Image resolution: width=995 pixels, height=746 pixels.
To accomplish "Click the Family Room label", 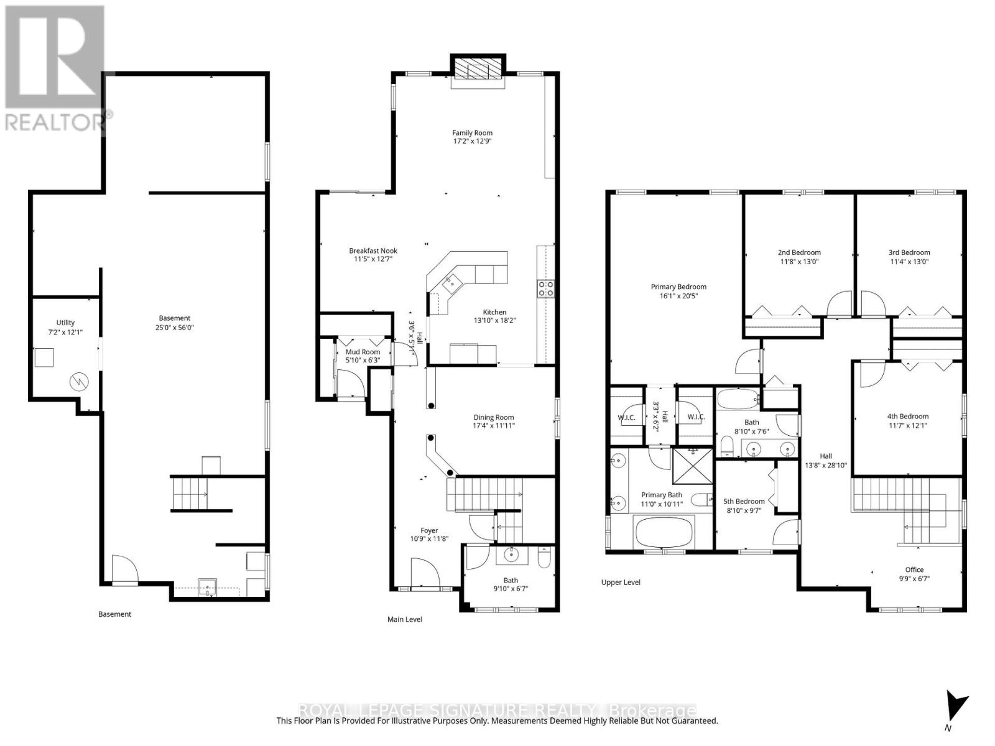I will (x=472, y=132).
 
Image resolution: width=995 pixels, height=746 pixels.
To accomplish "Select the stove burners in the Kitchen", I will (x=545, y=288).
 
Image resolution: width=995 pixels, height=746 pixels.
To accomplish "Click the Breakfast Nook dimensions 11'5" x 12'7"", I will (x=373, y=260).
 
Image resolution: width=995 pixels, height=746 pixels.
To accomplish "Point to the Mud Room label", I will (x=363, y=352).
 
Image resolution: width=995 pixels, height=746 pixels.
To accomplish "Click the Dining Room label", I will (x=493, y=417).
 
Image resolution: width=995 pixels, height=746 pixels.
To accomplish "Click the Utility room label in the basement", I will (x=65, y=322).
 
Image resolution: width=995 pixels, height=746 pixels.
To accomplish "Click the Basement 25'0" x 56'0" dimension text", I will (x=174, y=328).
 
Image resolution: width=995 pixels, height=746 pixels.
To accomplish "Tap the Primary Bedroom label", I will (x=678, y=287).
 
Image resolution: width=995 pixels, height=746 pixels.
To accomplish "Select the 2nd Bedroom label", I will (x=799, y=252).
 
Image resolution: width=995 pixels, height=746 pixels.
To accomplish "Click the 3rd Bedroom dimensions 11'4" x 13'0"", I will (x=909, y=262).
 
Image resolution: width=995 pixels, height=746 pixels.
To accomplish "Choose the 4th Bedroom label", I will (x=908, y=417).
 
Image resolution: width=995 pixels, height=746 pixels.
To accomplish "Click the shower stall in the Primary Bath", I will (x=693, y=466).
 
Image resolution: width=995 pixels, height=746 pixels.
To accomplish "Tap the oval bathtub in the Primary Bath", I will (x=662, y=532).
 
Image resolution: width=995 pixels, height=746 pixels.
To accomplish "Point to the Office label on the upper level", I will (x=914, y=569).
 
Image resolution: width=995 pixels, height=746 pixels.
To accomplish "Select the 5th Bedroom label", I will (x=744, y=501).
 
